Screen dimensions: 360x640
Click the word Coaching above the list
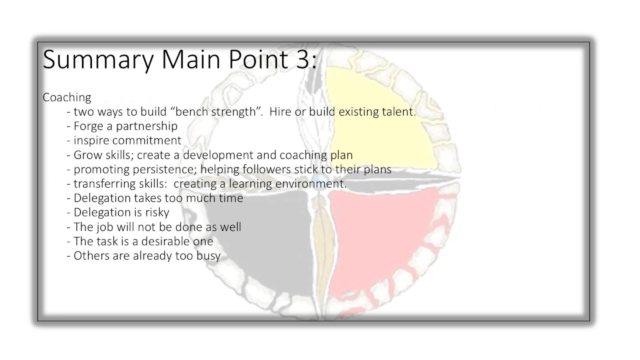click(67, 97)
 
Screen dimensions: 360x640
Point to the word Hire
click(279, 112)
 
